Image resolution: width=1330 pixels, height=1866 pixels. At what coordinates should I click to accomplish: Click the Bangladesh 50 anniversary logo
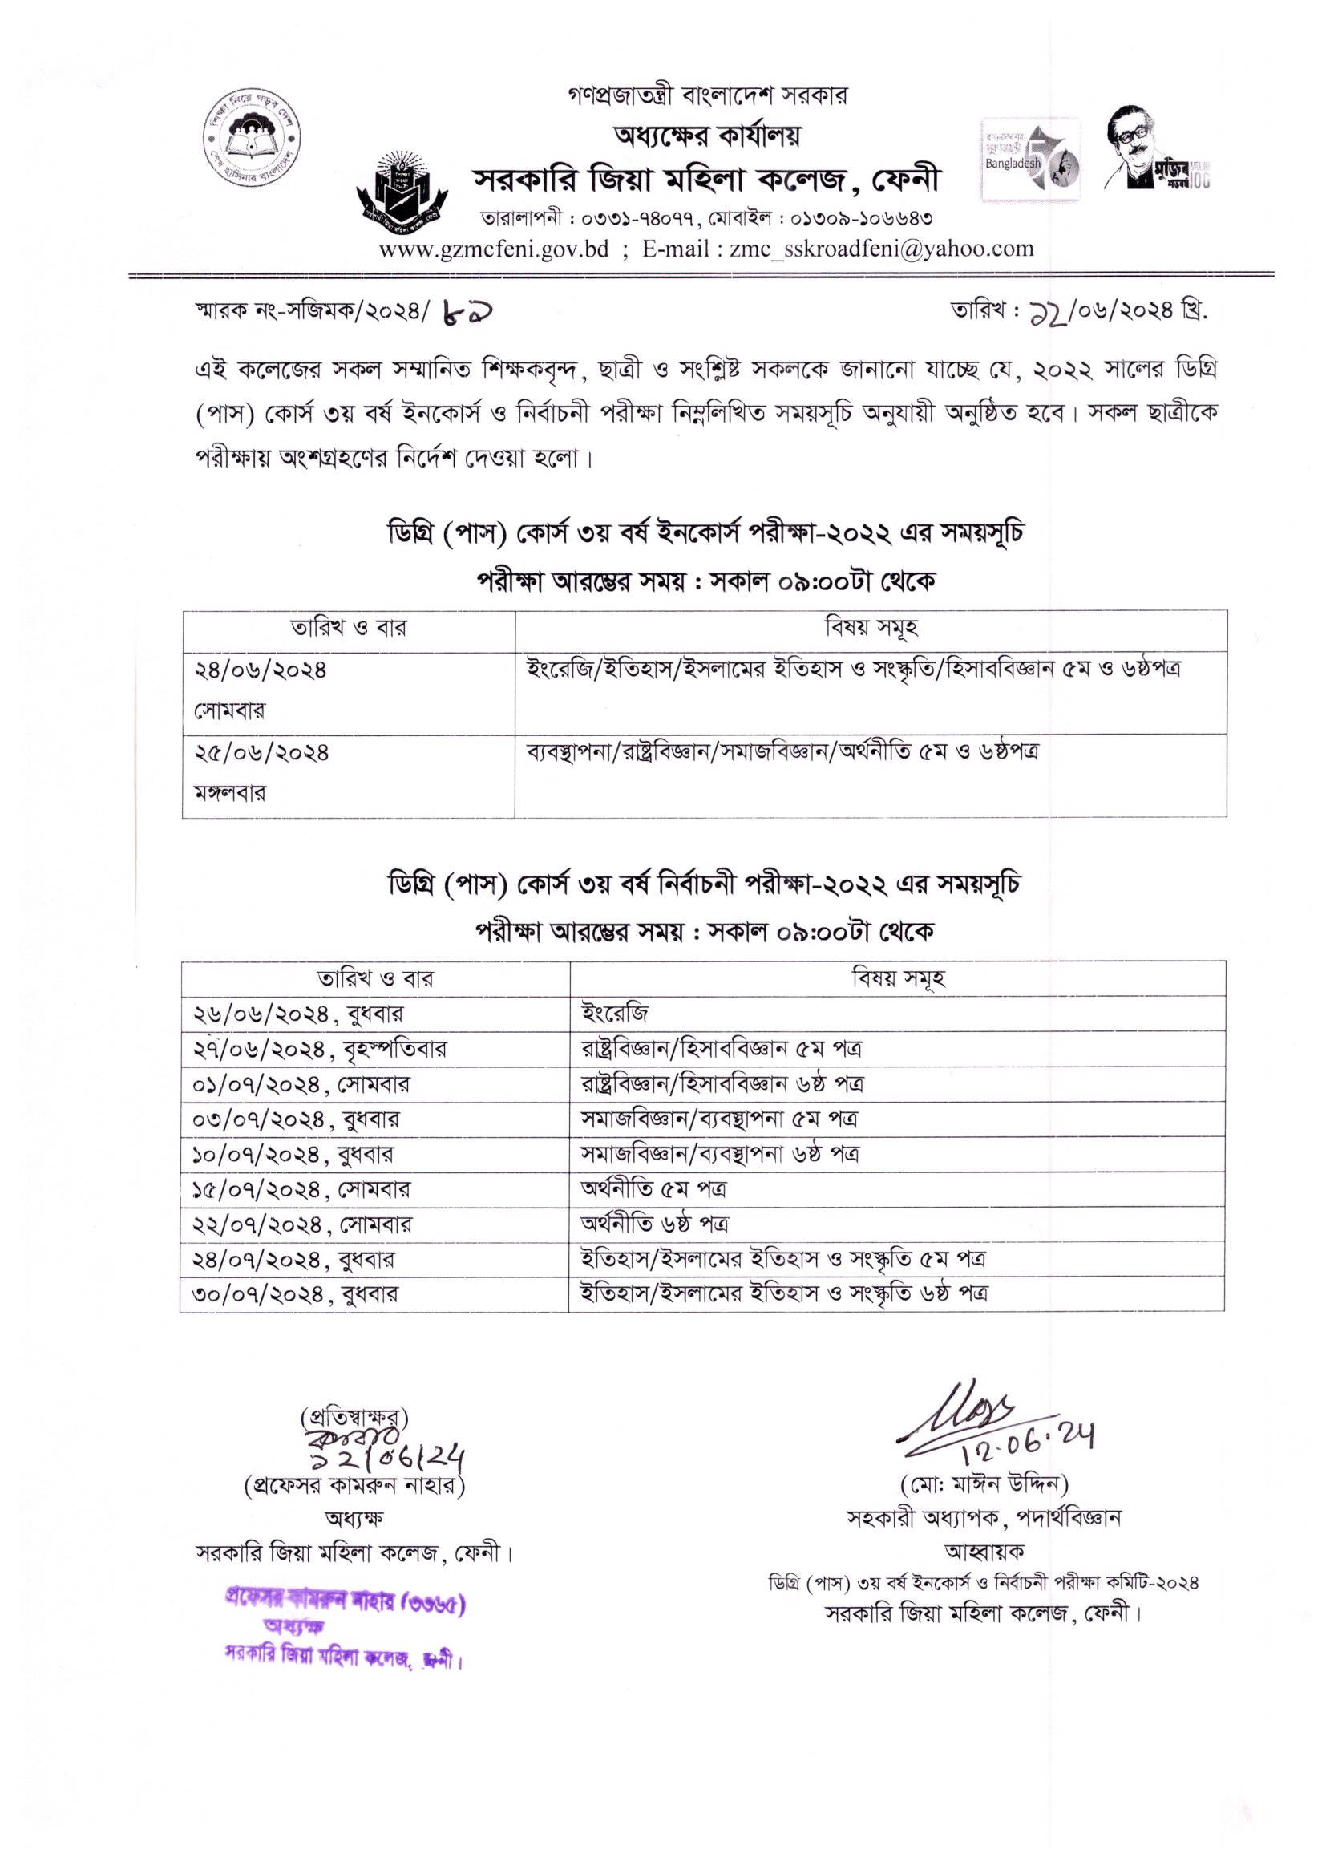pyautogui.click(x=1031, y=160)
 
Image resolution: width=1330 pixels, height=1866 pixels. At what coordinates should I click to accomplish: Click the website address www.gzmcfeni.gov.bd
pyautogui.click(x=493, y=249)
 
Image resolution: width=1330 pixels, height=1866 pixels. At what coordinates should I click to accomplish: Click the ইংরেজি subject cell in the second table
pyautogui.click(x=614, y=1014)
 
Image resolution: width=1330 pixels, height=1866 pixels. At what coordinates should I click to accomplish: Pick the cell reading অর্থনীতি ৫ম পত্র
pyautogui.click(x=653, y=1188)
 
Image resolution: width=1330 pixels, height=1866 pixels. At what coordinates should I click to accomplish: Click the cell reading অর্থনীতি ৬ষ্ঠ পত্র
pyautogui.click(x=654, y=1224)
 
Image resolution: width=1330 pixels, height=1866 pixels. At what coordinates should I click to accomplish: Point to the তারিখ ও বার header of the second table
pyautogui.click(x=374, y=978)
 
